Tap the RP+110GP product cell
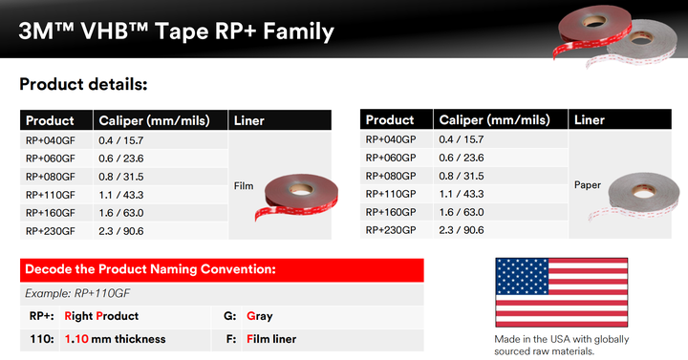point(391,194)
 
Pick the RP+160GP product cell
point(391,212)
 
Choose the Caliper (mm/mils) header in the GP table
point(494,120)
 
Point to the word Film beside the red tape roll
point(243,186)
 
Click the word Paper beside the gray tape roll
point(588,185)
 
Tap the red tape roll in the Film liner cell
point(291,194)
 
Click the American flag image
point(561,291)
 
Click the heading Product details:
point(83,84)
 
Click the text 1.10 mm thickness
point(115,339)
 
